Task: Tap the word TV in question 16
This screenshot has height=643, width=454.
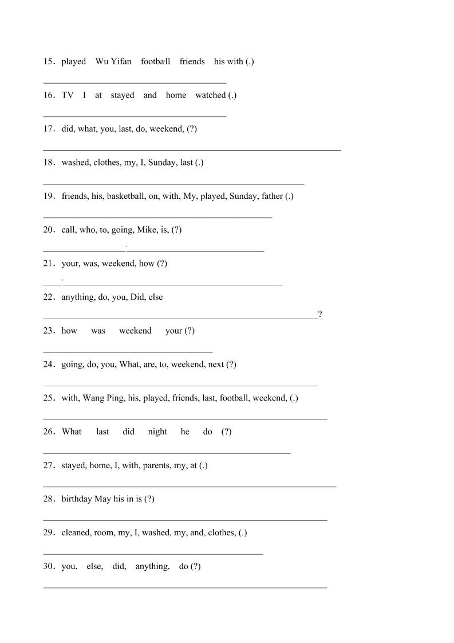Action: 68,95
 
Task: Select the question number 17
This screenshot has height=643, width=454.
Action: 49,129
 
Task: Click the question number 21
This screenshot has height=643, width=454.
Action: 49,264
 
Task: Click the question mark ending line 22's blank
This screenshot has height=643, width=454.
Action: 320,314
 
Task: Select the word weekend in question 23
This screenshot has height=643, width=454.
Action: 135,331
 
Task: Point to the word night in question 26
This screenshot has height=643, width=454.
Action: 157,432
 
